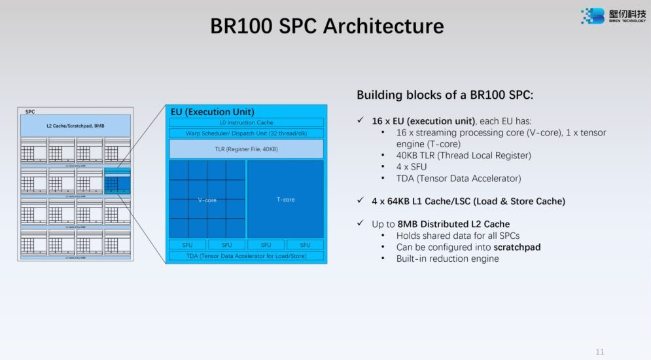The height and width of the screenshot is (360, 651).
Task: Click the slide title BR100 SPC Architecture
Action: (326, 26)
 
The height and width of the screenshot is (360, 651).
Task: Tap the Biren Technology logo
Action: (612, 16)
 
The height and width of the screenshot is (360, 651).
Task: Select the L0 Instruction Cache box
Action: (246, 122)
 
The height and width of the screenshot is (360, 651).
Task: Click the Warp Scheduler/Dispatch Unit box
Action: (246, 133)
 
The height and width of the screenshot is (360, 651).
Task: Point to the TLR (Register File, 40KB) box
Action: (246, 150)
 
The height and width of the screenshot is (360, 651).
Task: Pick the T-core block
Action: (285, 199)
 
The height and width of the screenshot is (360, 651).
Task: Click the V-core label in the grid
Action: (207, 200)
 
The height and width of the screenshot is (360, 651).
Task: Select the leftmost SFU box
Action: (187, 245)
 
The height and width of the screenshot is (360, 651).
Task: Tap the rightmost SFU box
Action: (305, 245)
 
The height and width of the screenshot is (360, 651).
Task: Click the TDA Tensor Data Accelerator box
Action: (246, 256)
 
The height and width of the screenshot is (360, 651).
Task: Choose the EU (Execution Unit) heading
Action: (212, 112)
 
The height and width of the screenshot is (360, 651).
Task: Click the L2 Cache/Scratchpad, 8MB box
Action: (76, 125)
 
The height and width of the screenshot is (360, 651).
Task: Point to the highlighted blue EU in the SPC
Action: (117, 181)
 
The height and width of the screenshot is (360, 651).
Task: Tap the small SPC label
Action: (30, 112)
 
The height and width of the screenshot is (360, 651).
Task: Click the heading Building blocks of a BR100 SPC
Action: (445, 95)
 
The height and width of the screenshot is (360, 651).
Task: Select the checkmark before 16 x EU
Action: (361, 121)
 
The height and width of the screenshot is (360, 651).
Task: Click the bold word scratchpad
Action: (517, 247)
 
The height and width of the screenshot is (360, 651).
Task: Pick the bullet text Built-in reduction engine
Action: (448, 259)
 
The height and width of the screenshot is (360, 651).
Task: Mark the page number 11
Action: (600, 352)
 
